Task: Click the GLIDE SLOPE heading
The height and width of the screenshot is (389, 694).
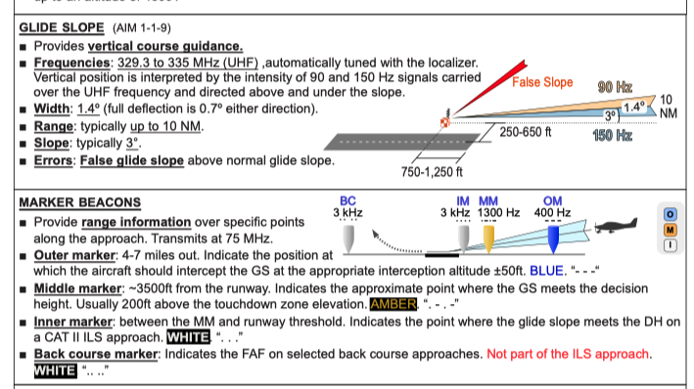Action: pos(62,27)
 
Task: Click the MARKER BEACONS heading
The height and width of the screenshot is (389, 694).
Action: pos(79,202)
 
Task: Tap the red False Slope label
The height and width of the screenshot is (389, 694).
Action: pos(542,82)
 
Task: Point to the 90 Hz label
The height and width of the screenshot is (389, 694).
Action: pos(615,87)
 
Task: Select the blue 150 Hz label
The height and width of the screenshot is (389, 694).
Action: pos(612,135)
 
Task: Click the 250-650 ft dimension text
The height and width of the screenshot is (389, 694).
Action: pos(526,132)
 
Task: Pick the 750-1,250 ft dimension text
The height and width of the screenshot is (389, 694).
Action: pos(432,172)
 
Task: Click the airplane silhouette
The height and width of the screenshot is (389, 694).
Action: pos(616,226)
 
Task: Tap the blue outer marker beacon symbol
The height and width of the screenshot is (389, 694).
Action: pos(553,239)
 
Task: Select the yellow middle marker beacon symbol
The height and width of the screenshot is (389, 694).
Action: pos(488,239)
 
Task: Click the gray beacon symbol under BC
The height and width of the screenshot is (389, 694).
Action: pos(348,239)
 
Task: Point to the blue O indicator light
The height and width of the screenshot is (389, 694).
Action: pos(671,214)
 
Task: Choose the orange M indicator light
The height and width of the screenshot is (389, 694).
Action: pos(671,230)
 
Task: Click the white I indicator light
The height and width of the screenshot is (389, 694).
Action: pos(671,245)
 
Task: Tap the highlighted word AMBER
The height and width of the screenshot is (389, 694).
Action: pos(393,304)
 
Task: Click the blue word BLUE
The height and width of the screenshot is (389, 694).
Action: pos(546,271)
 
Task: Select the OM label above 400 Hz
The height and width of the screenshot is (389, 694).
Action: pos(552,201)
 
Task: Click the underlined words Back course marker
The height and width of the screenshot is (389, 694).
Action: pos(96,354)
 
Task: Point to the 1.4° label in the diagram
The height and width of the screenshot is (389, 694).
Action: pos(634,107)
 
